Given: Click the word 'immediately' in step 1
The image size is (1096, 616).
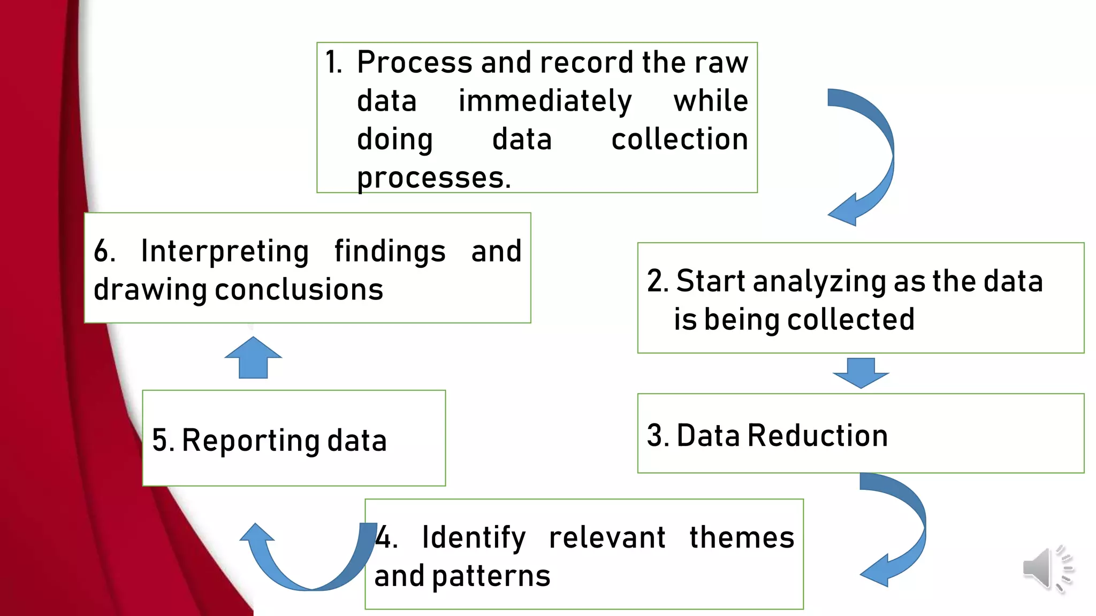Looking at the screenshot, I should pyautogui.click(x=545, y=102).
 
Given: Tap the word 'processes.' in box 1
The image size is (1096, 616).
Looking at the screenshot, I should pyautogui.click(x=433, y=178).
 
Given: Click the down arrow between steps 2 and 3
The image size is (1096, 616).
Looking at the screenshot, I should pyautogui.click(x=861, y=373).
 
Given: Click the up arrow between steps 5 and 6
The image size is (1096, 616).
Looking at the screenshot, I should pyautogui.click(x=253, y=358).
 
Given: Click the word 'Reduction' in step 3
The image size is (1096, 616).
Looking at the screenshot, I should pyautogui.click(x=817, y=435).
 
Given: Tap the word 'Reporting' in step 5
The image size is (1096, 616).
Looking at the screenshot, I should pyautogui.click(x=250, y=441).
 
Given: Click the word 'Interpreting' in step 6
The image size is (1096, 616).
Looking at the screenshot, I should pyautogui.click(x=225, y=251).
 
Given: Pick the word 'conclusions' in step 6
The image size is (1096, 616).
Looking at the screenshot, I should pyautogui.click(x=299, y=290).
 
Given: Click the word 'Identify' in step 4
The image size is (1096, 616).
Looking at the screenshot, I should pyautogui.click(x=474, y=537).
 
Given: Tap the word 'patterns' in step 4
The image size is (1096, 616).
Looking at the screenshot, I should pyautogui.click(x=491, y=576).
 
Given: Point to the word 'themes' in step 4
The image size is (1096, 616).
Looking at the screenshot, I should pyautogui.click(x=741, y=537).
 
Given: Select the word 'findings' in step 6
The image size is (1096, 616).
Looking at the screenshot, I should pyautogui.click(x=390, y=251).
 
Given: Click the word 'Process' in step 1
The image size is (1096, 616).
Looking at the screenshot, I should pyautogui.click(x=415, y=63).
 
